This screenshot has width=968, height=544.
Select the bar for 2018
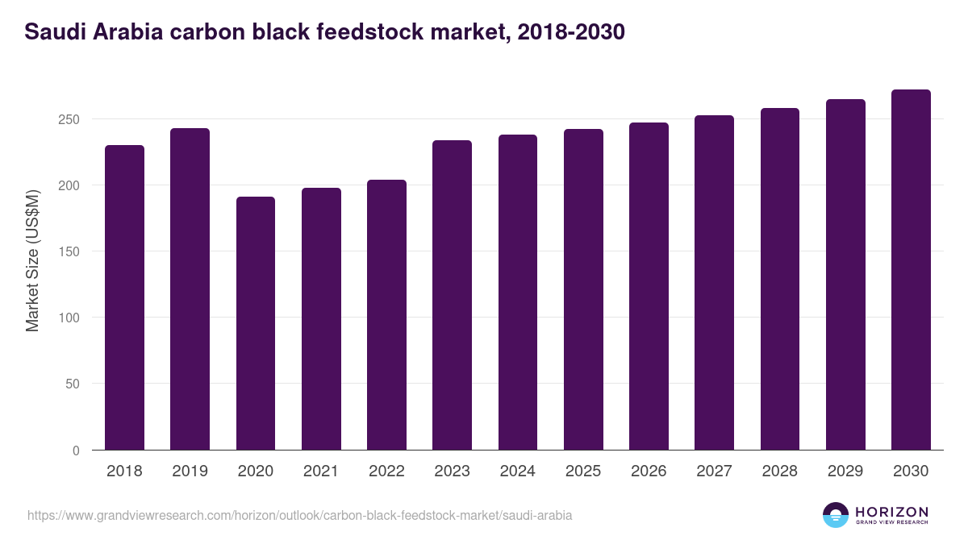click(124, 297)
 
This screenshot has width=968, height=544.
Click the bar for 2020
click(256, 323)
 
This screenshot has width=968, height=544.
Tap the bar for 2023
click(452, 295)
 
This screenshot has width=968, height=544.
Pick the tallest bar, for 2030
click(911, 270)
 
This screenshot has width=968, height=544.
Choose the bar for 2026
click(649, 286)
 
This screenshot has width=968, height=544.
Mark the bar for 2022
click(386, 315)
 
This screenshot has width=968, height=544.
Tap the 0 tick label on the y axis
click(76, 451)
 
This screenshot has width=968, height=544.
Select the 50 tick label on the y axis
click(73, 384)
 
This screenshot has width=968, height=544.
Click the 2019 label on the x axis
click(190, 471)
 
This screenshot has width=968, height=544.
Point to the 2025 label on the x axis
click(582, 471)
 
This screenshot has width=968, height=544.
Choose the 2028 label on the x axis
click(779, 471)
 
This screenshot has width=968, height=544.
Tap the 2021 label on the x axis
click(321, 471)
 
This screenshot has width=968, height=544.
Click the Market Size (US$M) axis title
click(32, 260)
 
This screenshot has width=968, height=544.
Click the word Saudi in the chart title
click(52, 32)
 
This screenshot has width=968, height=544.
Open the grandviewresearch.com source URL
click(299, 515)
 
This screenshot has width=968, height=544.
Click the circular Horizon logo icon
click(836, 515)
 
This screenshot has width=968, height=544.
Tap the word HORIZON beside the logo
click(891, 511)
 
